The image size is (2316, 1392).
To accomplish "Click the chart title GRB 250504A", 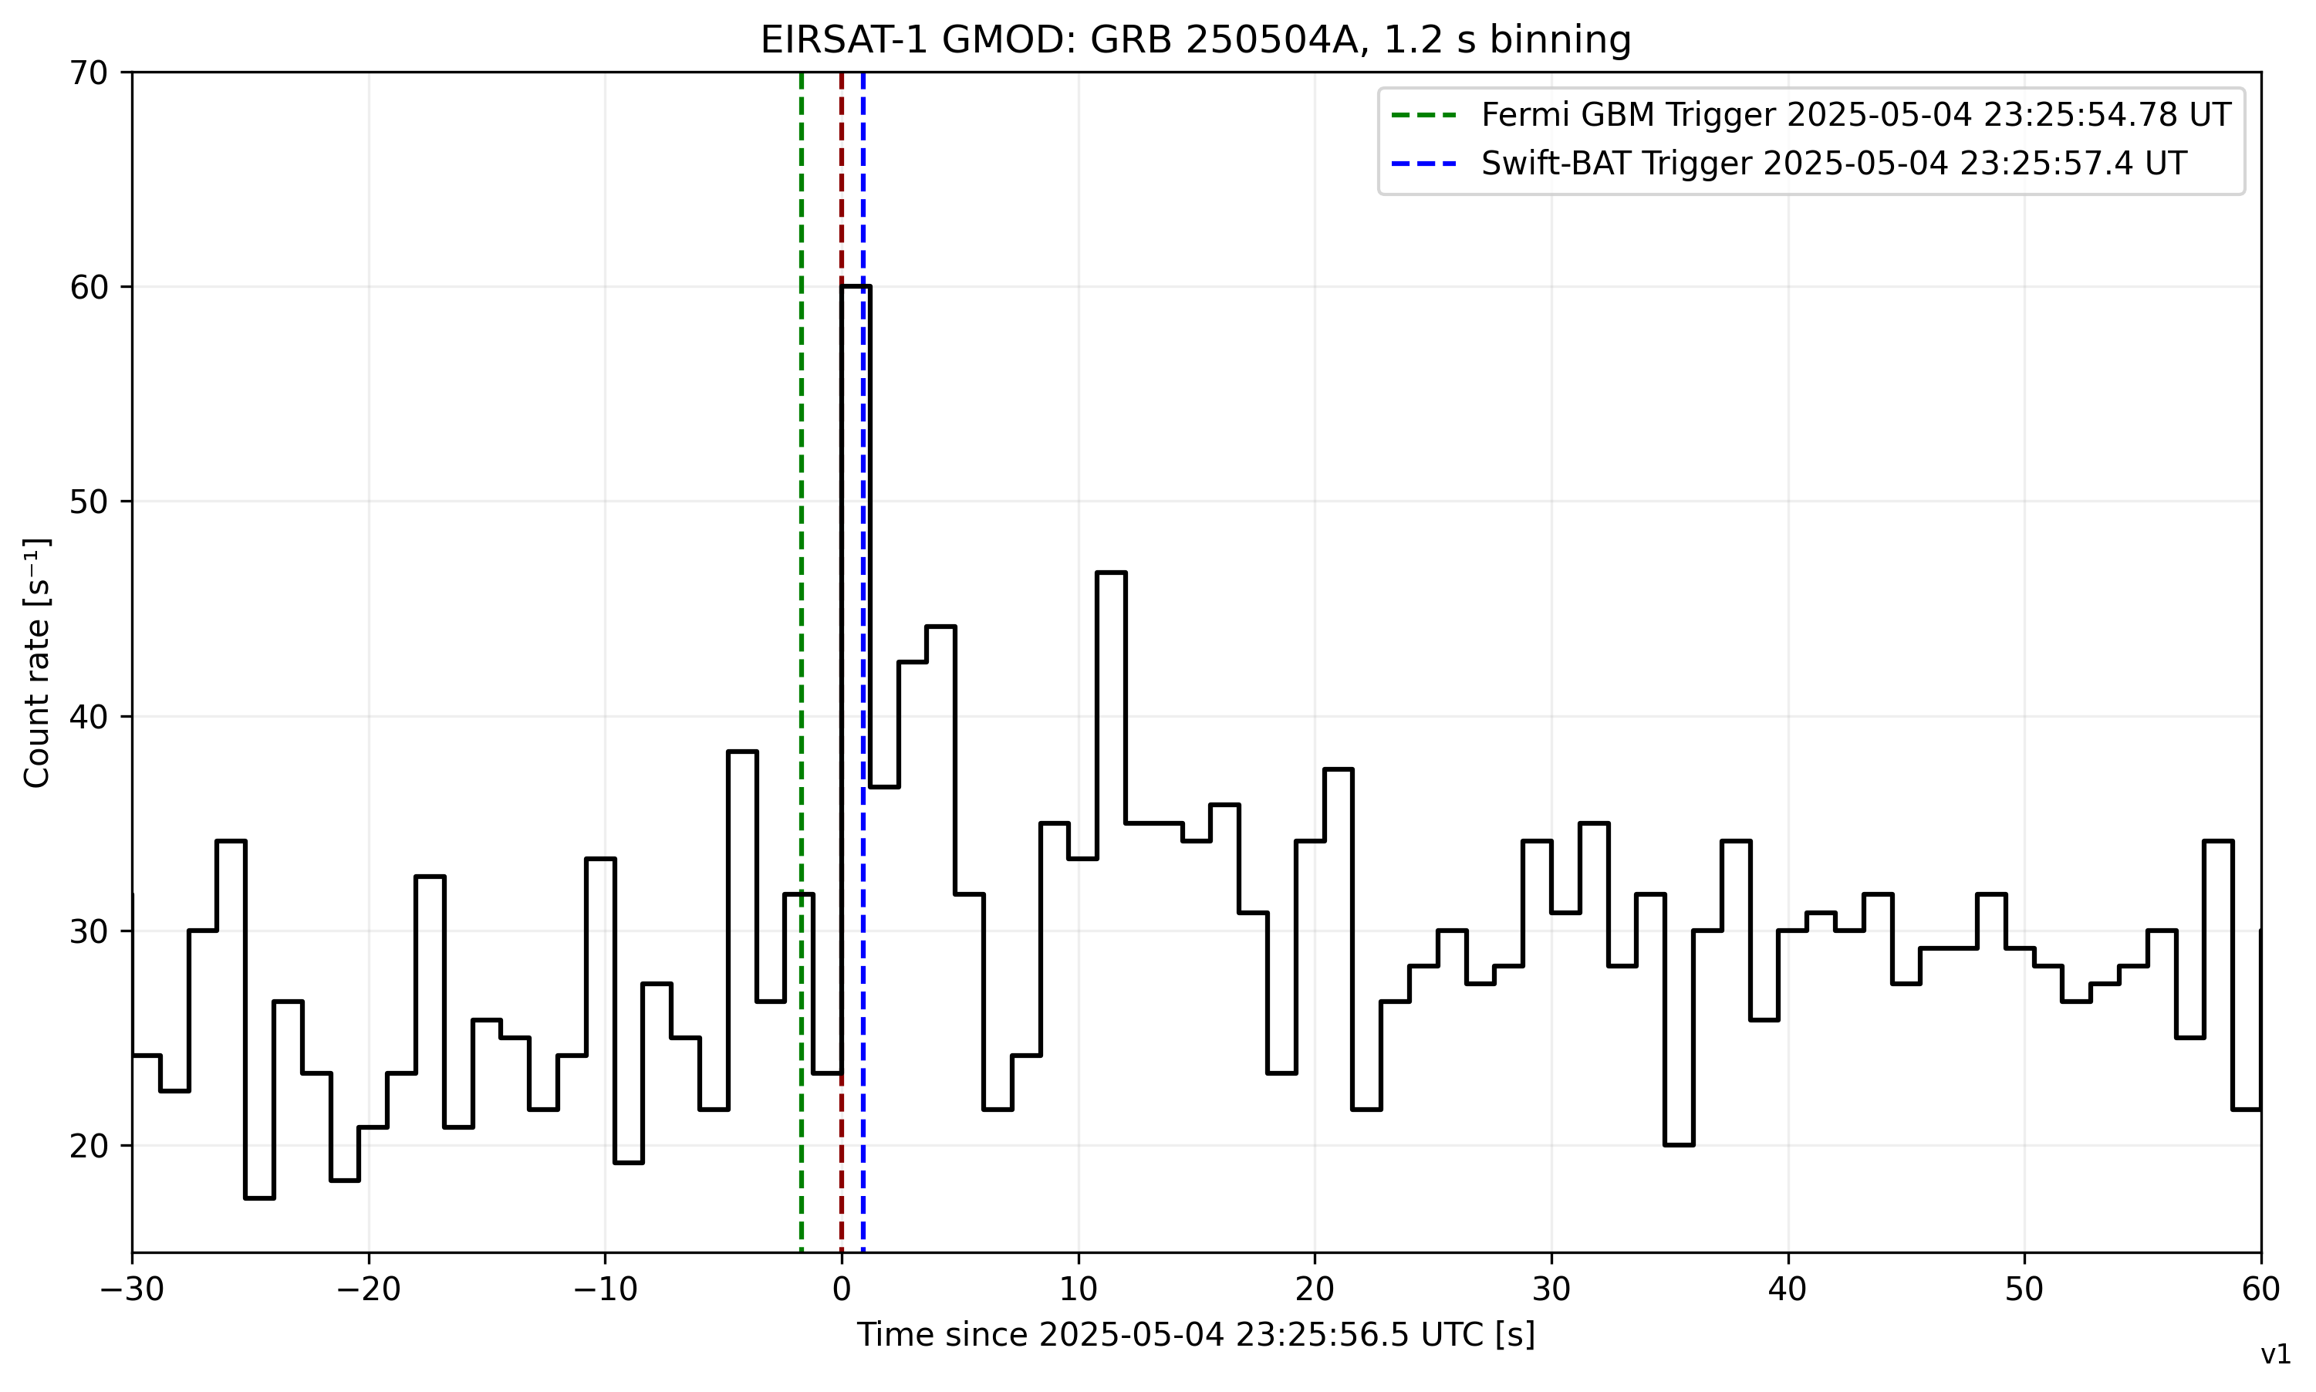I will click(1196, 40).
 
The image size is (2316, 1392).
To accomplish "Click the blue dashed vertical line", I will click(863, 657).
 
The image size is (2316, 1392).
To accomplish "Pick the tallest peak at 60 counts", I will click(855, 287).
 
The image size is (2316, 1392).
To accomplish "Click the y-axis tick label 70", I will click(89, 73).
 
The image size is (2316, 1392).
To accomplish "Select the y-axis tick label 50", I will click(89, 502).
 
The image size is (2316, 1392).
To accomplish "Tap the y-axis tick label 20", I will click(89, 1147).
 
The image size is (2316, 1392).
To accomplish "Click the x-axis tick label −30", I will click(132, 1289).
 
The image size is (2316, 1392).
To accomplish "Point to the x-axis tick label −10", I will click(605, 1289).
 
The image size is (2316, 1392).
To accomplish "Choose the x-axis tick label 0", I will click(841, 1289).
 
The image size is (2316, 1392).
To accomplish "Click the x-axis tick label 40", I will click(1788, 1289).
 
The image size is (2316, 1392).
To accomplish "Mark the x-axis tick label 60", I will click(2260, 1289).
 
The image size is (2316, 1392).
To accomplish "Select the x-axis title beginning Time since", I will click(1196, 1335).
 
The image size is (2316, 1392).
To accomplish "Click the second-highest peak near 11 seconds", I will click(1111, 573).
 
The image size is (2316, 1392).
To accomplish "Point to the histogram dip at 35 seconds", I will click(1679, 1144).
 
